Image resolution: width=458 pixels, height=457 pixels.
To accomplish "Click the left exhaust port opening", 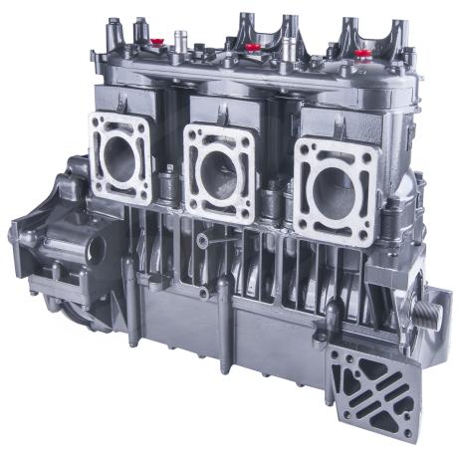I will [119, 159].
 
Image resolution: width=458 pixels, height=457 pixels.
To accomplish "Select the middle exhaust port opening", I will [218, 170].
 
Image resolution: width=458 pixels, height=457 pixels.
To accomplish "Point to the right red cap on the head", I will [363, 53].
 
